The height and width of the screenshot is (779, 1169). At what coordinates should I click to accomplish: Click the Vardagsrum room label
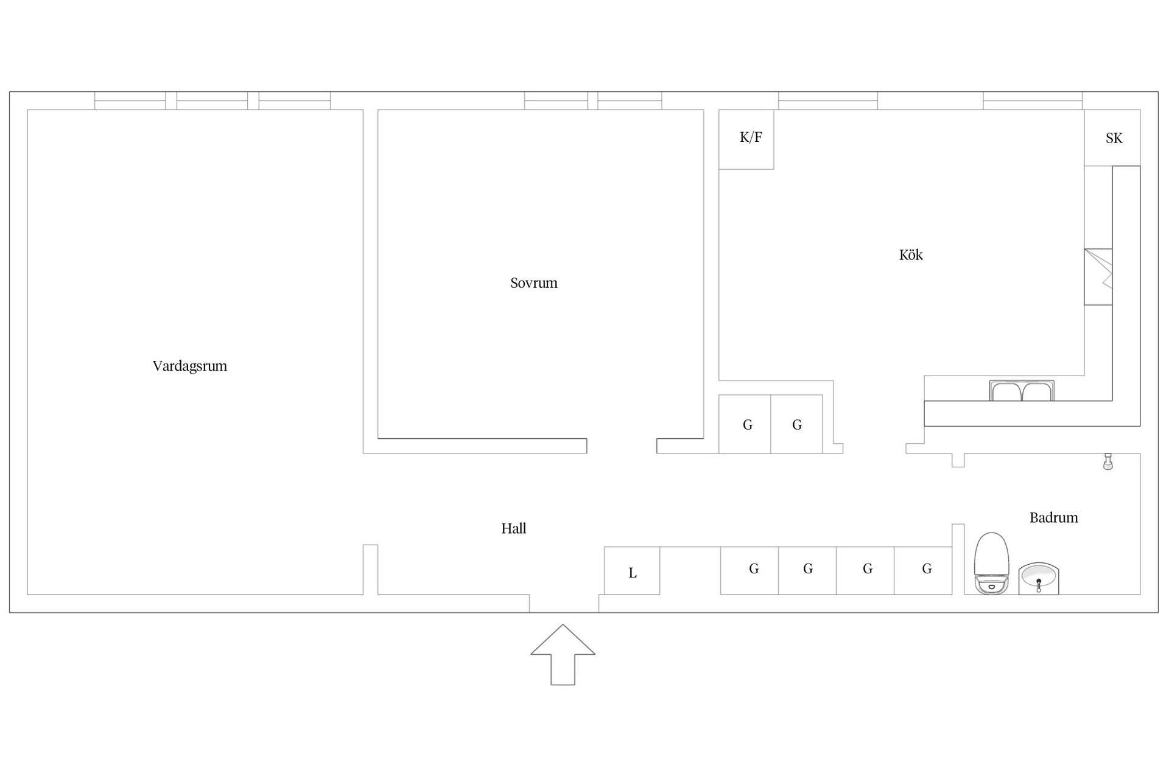(x=189, y=366)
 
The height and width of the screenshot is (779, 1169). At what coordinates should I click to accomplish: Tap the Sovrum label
(x=534, y=282)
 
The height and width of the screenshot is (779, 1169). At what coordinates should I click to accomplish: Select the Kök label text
(x=911, y=254)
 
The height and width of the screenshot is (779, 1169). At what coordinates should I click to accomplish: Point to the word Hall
(x=514, y=528)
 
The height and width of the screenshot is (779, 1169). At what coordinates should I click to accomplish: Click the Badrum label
(x=1054, y=517)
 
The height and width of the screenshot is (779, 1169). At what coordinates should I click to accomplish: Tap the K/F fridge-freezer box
(x=746, y=139)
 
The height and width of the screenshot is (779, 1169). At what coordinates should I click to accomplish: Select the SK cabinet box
(x=1112, y=138)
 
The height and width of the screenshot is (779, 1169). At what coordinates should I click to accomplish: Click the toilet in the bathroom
(x=992, y=563)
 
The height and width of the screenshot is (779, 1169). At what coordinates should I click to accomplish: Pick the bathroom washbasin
(x=1039, y=579)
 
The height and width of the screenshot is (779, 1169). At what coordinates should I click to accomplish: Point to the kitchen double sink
(x=1022, y=391)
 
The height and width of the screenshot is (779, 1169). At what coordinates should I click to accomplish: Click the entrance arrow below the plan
(x=563, y=654)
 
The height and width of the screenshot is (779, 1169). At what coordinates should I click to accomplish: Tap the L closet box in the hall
(x=632, y=571)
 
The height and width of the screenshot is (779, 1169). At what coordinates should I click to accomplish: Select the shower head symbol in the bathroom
(x=1108, y=461)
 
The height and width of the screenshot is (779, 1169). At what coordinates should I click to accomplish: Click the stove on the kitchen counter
(x=1098, y=277)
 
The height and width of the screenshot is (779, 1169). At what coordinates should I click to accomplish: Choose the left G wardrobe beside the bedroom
(x=745, y=424)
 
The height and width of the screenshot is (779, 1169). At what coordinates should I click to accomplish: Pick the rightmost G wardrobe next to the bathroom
(x=923, y=570)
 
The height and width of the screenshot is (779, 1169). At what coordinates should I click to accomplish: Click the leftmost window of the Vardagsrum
(x=130, y=100)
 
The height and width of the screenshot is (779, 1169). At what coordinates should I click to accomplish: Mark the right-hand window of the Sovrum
(x=630, y=100)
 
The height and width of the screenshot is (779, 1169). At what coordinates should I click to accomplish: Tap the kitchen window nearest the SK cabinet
(x=1033, y=100)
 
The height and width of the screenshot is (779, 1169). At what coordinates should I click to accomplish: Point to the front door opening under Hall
(x=564, y=603)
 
